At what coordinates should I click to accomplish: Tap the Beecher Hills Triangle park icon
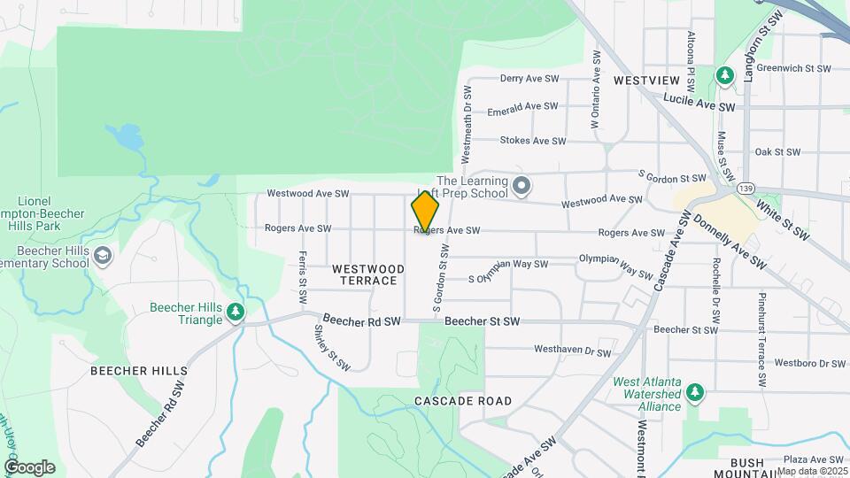[x=236, y=312]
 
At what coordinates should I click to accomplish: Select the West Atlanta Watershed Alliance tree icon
[x=696, y=391]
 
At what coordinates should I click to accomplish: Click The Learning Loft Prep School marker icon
[x=522, y=186]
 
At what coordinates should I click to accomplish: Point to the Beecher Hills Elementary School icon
[x=103, y=256]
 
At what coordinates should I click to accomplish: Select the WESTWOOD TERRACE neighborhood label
[x=368, y=274]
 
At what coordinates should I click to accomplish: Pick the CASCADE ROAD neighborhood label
[x=463, y=401]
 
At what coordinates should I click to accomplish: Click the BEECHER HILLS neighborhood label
[x=139, y=371]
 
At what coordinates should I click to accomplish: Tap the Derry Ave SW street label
[x=529, y=79]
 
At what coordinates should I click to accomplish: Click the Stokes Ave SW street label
[x=532, y=141]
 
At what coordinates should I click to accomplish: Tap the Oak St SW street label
[x=778, y=152]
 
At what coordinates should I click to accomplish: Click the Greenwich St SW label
[x=793, y=68]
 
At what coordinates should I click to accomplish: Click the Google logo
[x=29, y=467]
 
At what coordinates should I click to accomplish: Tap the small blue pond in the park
[x=127, y=137]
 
